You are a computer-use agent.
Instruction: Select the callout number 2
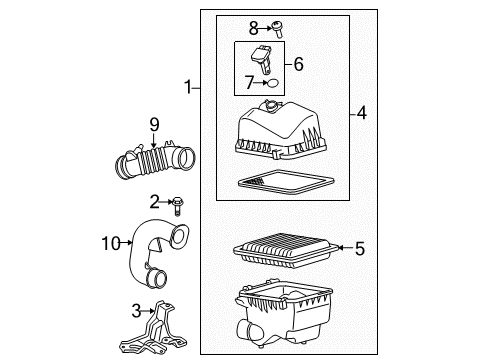tap(155, 201)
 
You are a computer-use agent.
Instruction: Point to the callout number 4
tap(361, 114)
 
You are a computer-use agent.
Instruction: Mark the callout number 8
tap(253, 27)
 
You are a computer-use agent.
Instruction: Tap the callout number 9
tap(154, 125)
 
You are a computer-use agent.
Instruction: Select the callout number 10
tap(109, 240)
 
